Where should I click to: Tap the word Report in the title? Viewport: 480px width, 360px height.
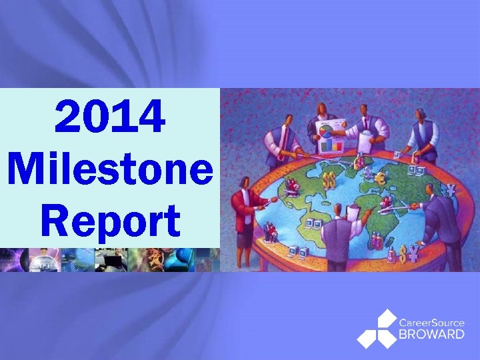click(x=110, y=221)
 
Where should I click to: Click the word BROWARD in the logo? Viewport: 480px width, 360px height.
click(x=432, y=334)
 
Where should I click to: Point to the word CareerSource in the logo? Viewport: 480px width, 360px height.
click(x=432, y=323)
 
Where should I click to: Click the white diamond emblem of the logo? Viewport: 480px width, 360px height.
click(x=377, y=329)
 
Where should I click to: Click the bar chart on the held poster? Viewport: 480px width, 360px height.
click(x=331, y=143)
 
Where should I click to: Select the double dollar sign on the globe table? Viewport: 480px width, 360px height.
click(x=329, y=180)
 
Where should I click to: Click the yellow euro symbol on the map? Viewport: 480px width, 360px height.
click(x=381, y=178)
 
